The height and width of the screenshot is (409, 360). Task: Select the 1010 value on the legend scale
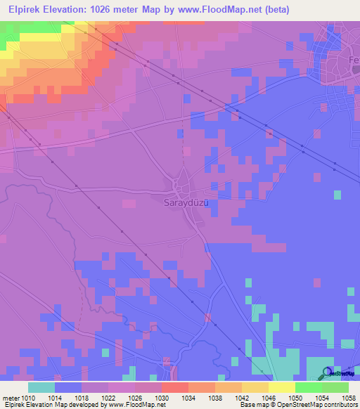[29, 397]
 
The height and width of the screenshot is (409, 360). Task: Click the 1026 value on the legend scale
[135, 397]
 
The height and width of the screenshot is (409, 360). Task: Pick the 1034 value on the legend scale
[188, 397]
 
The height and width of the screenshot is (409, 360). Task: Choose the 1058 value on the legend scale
[347, 397]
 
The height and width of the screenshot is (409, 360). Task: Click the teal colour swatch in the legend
[41, 387]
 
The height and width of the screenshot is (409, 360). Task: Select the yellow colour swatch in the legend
[281, 387]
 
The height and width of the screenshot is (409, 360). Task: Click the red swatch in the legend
[174, 387]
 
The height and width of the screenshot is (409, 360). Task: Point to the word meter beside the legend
[11, 397]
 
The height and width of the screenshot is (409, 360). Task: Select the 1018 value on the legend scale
[82, 397]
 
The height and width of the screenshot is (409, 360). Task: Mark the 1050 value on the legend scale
[295, 397]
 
